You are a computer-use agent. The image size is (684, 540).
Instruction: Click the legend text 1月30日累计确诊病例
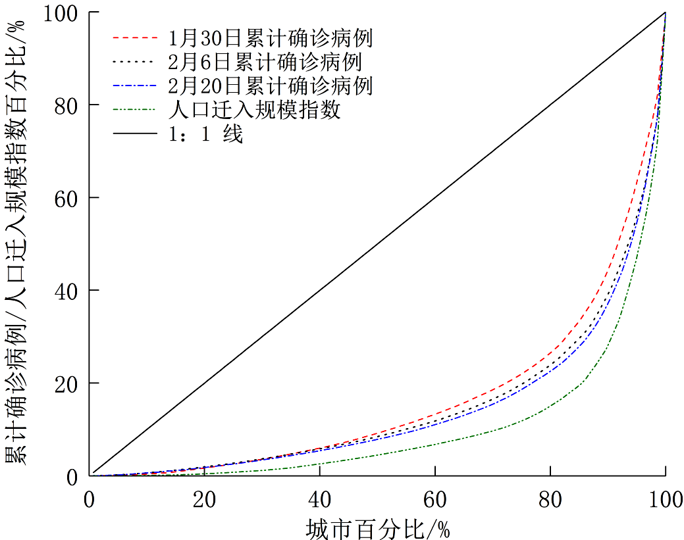click(270, 38)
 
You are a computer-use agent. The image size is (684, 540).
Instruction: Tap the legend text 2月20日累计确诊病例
click(270, 86)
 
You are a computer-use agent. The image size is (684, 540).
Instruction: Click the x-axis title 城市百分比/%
click(378, 528)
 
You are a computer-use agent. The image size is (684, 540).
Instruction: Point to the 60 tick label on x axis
click(434, 500)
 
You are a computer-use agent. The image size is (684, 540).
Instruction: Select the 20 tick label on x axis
click(205, 500)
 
